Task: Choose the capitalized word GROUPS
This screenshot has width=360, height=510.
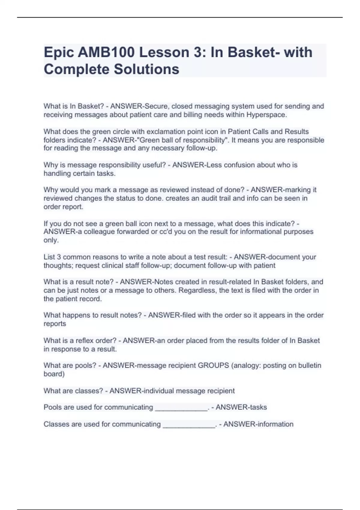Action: click(213, 366)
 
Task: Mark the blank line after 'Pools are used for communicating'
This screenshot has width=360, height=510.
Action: click(181, 408)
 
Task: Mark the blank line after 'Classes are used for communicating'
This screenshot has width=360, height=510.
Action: click(189, 425)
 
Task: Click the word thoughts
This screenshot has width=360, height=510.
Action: click(58, 265)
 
